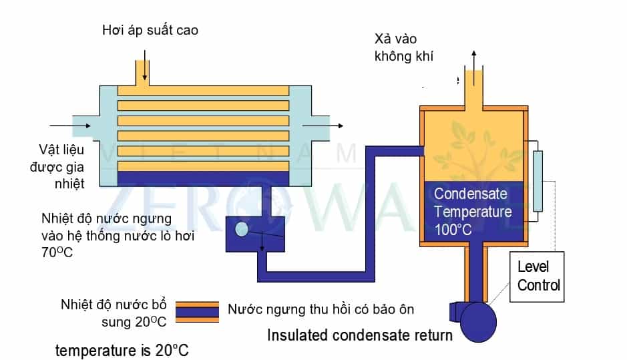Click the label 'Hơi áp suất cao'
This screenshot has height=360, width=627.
[x=150, y=30]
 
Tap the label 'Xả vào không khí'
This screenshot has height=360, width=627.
[x=404, y=47]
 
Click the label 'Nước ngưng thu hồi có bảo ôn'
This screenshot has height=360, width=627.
[x=321, y=310]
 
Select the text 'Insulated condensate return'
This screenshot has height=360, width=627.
[x=360, y=335]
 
